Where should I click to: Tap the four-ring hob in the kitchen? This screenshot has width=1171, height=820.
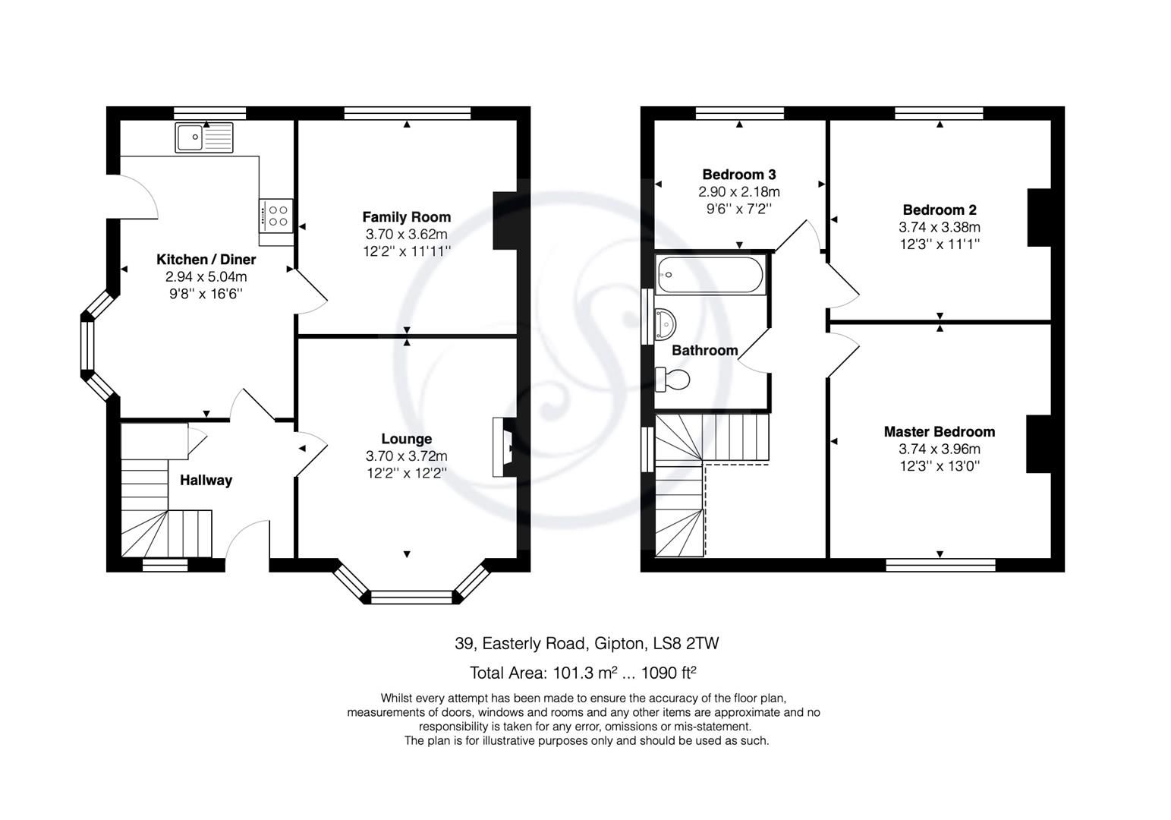tap(275, 216)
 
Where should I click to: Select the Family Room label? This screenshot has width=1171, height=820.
tap(406, 217)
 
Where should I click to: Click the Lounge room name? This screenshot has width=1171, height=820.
tap(406, 439)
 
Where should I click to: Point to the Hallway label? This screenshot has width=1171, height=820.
tap(206, 480)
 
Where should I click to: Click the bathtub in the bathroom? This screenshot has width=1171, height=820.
tap(710, 275)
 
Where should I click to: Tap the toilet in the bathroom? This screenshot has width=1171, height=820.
tap(673, 379)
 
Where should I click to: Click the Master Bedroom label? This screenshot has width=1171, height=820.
tap(939, 432)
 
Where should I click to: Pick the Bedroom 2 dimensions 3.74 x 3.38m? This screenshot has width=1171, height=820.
tap(939, 227)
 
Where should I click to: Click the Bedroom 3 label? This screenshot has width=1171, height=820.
tap(738, 175)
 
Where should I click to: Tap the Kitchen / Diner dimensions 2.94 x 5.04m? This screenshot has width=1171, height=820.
tap(206, 277)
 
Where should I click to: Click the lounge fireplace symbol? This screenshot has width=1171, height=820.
tap(502, 447)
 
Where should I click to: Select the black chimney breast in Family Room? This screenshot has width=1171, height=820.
tap(505, 220)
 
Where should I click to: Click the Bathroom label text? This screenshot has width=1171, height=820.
tap(704, 350)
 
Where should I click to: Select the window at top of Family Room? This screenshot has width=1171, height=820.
tap(407, 113)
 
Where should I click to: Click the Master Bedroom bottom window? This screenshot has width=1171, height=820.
tap(940, 565)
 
